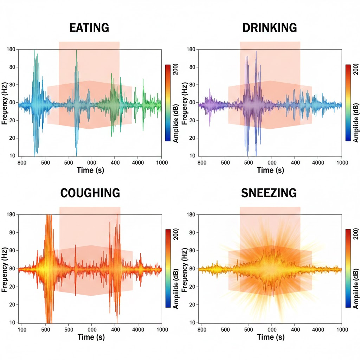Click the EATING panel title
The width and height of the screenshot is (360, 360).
click(x=89, y=28)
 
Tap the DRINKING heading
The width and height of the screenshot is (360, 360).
click(x=270, y=28)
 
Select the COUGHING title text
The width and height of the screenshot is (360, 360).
click(x=90, y=193)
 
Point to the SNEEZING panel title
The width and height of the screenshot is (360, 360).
click(x=269, y=193)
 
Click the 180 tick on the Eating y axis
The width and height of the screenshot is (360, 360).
click(x=11, y=50)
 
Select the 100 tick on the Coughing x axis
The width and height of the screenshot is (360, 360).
click(x=22, y=330)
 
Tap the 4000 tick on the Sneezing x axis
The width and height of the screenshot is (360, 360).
click(x=318, y=330)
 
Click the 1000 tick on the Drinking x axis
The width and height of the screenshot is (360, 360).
click(x=341, y=163)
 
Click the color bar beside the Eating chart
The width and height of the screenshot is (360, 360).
click(x=168, y=103)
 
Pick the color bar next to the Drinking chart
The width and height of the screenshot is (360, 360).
click(x=348, y=103)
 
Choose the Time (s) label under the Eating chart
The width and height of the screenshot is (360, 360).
click(x=91, y=171)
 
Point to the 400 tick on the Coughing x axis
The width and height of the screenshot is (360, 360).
click(x=115, y=330)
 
